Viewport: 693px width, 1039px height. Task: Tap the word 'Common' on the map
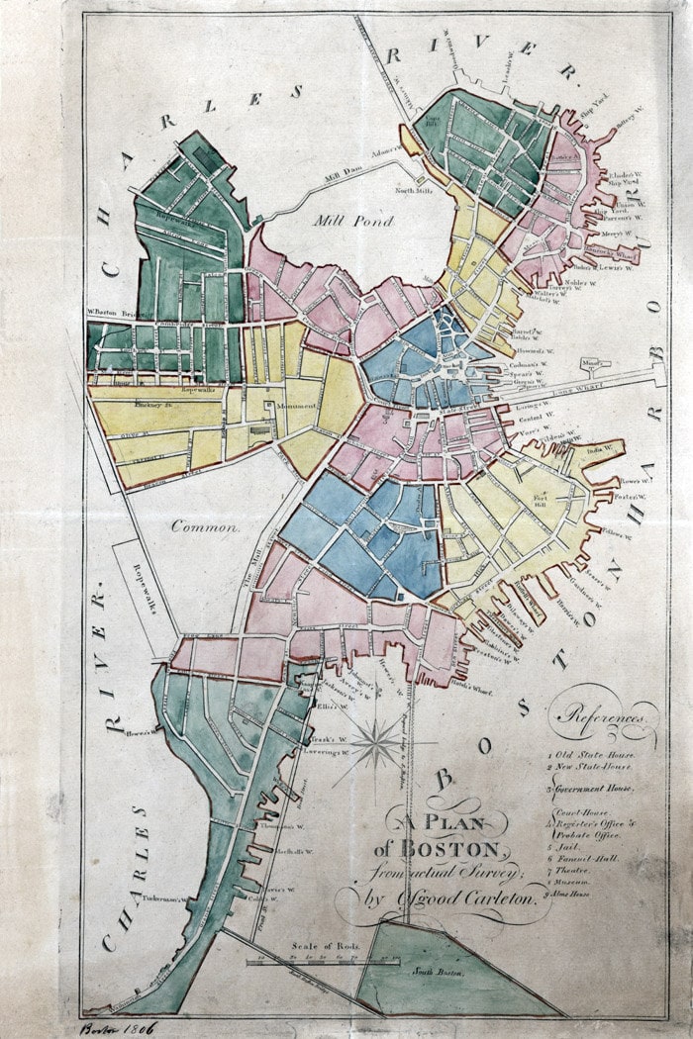[206, 527]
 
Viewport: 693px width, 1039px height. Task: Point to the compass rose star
[376, 744]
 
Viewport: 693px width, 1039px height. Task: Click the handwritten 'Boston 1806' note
[113, 1029]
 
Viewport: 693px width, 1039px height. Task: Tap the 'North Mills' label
[415, 190]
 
